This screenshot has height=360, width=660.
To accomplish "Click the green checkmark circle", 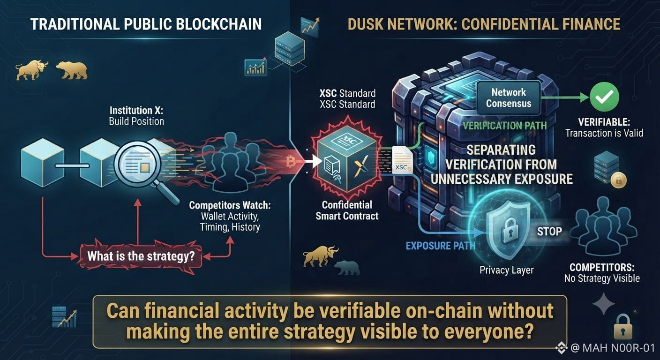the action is pyautogui.click(x=604, y=97).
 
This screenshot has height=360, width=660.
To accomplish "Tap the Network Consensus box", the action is pyautogui.click(x=509, y=98).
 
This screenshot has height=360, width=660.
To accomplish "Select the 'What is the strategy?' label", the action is pyautogui.click(x=141, y=256).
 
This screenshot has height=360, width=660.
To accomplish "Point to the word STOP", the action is pyautogui.click(x=549, y=231).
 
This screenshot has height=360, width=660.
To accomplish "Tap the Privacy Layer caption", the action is pyautogui.click(x=507, y=270).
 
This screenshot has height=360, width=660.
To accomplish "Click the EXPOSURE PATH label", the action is pyautogui.click(x=441, y=246).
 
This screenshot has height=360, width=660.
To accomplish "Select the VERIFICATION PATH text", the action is pyautogui.click(x=505, y=126).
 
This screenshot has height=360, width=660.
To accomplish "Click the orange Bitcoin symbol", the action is pyautogui.click(x=291, y=162).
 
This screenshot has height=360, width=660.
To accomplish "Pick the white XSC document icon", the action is pyautogui.click(x=402, y=160).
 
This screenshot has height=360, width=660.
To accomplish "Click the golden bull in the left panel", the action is pyautogui.click(x=31, y=70).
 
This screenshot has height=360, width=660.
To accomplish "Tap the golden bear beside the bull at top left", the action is pyautogui.click(x=72, y=70).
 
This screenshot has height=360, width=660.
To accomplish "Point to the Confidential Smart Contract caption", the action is pyautogui.click(x=347, y=210).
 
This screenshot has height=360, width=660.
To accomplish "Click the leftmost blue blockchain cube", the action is pyautogui.click(x=43, y=163).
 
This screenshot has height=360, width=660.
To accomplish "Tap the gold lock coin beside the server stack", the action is pyautogui.click(x=618, y=180).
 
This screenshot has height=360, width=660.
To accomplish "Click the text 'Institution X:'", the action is pyautogui.click(x=136, y=111).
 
